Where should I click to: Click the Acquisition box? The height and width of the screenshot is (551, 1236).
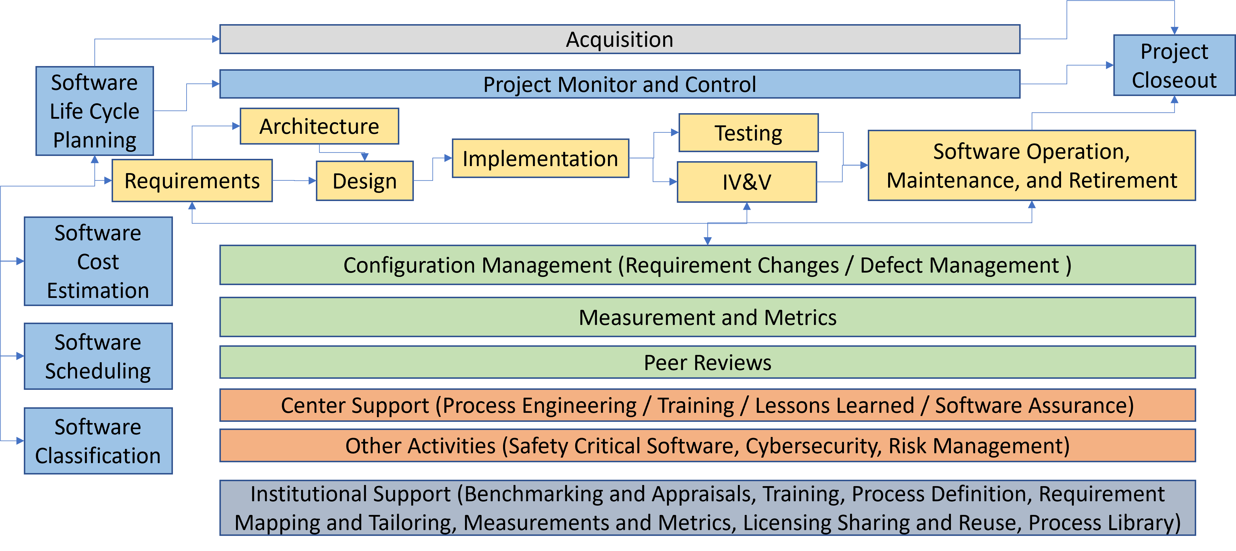tap(619, 39)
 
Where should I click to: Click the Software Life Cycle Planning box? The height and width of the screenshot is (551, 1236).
tap(94, 111)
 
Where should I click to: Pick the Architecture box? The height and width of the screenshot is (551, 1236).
tap(319, 126)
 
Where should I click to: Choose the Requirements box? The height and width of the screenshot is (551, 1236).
tap(192, 181)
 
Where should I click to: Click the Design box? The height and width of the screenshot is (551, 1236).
tap(365, 181)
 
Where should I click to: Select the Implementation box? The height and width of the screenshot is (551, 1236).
tap(540, 159)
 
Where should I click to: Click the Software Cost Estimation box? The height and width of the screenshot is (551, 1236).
tap(98, 261)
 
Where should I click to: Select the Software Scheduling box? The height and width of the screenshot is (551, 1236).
tap(98, 356)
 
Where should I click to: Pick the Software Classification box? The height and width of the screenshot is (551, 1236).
tap(98, 441)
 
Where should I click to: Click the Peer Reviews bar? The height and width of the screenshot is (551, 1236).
tap(707, 362)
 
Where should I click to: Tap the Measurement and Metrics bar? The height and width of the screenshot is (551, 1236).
tap(707, 317)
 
